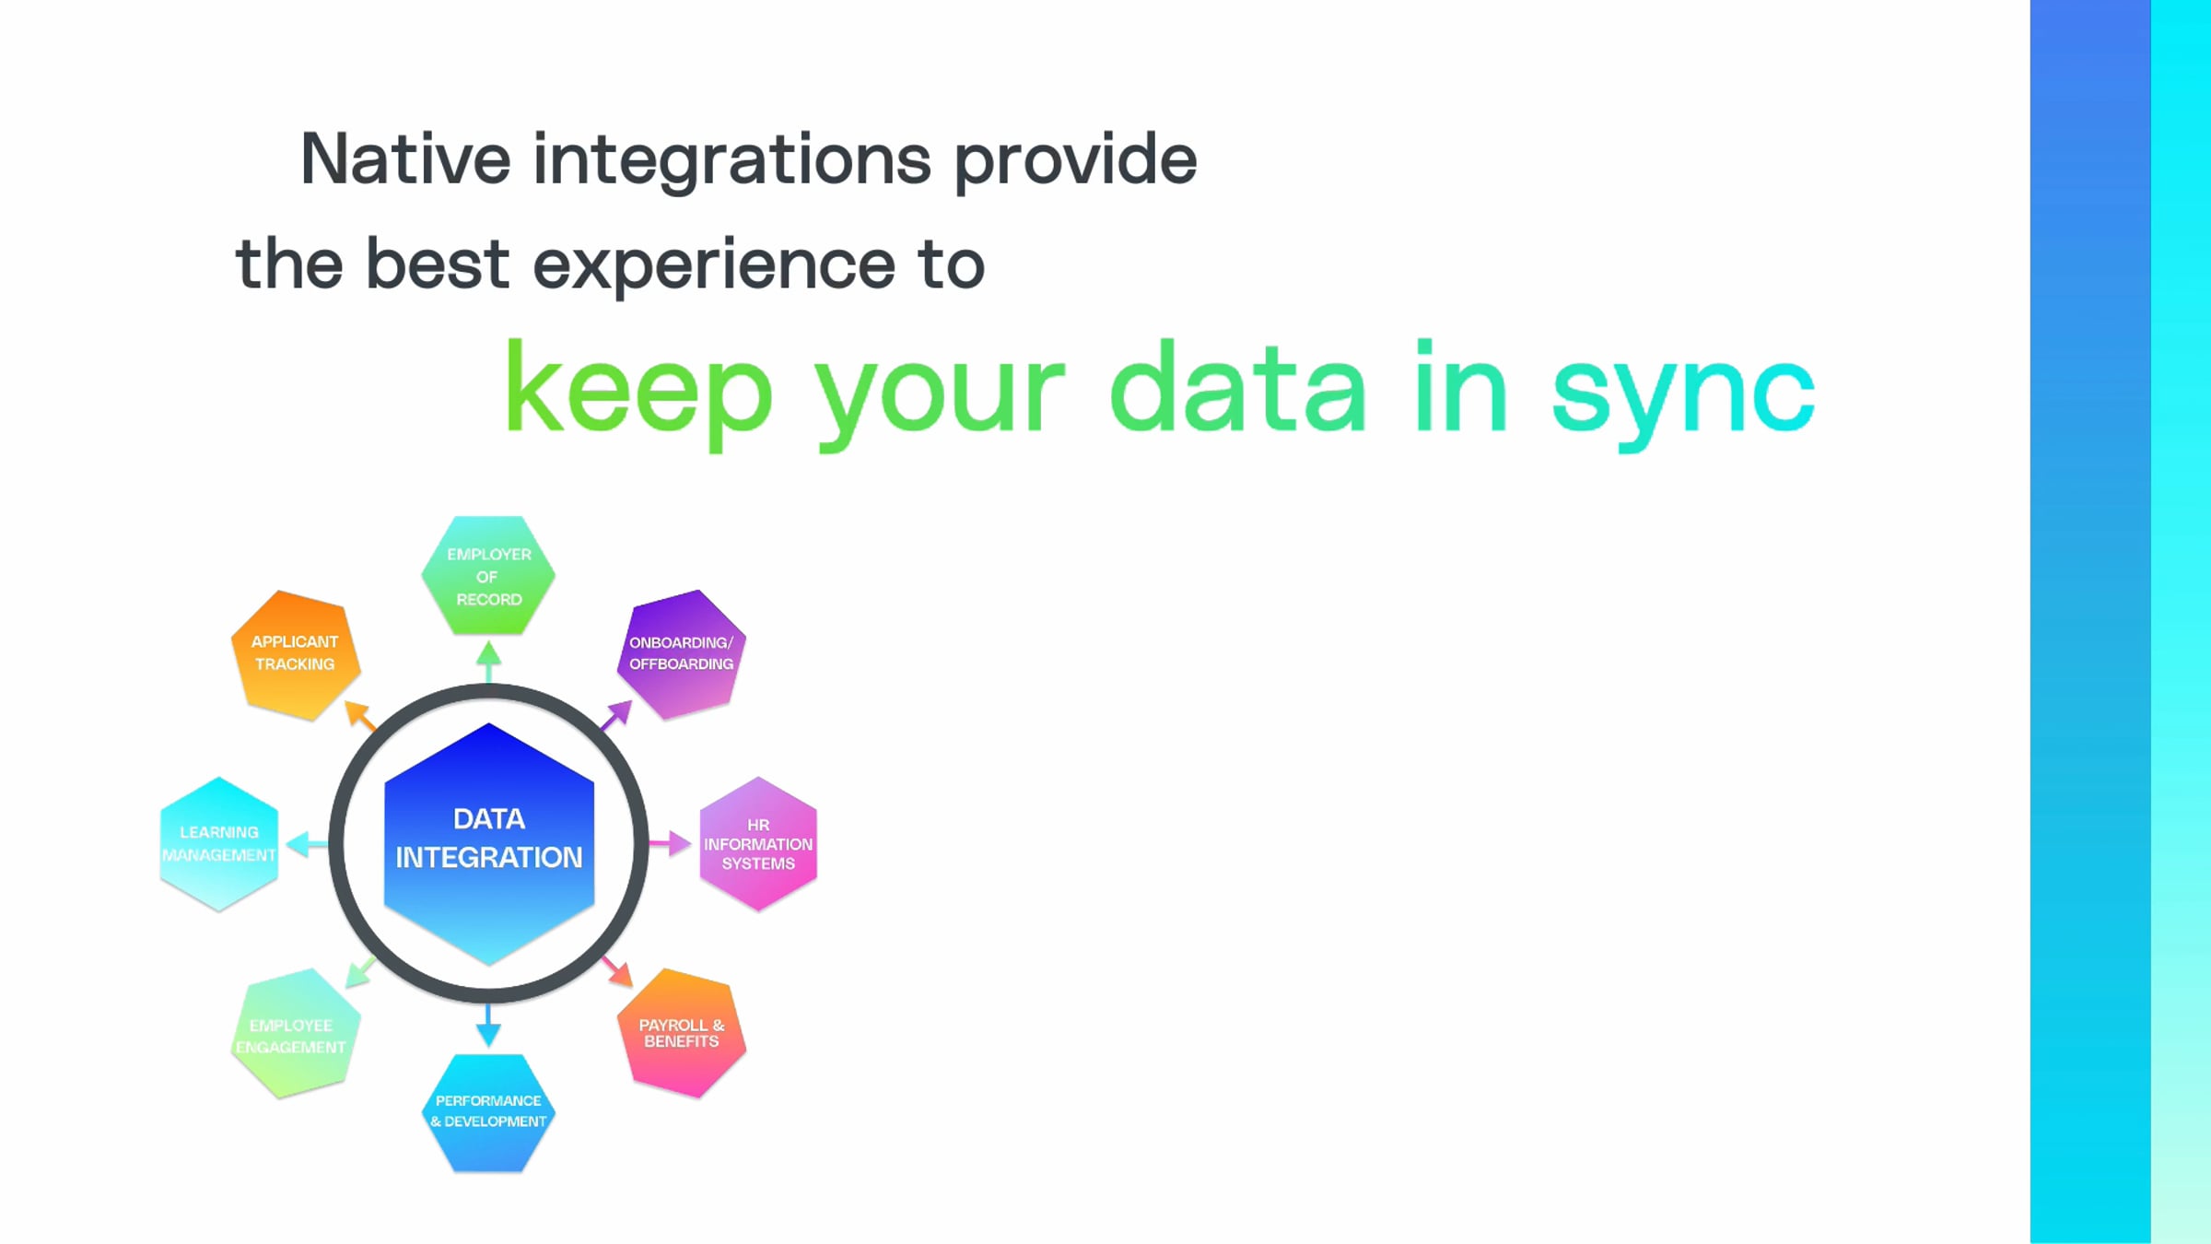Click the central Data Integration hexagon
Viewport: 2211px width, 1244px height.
pyautogui.click(x=488, y=843)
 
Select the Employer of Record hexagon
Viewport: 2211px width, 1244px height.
pyautogui.click(x=488, y=576)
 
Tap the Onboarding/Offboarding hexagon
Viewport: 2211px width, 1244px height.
pyautogui.click(x=681, y=653)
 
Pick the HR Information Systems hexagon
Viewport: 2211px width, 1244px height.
pyautogui.click(x=758, y=843)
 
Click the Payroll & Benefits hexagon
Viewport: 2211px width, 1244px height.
pyautogui.click(x=682, y=1033)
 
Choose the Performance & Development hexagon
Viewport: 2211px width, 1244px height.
pyautogui.click(x=488, y=1112)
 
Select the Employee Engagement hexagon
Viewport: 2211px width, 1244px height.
pyautogui.click(x=294, y=1034)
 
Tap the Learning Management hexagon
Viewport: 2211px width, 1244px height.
pyautogui.click(x=219, y=843)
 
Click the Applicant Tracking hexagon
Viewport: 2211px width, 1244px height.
pyautogui.click(x=295, y=653)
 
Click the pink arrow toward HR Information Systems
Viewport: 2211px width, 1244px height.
pyautogui.click(x=671, y=842)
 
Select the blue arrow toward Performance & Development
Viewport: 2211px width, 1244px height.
pyautogui.click(x=488, y=1026)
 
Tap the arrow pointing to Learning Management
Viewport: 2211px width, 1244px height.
pyautogui.click(x=306, y=843)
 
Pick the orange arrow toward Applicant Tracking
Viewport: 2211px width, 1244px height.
pyautogui.click(x=359, y=715)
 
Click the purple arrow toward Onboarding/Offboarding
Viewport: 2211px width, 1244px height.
pyautogui.click(x=617, y=714)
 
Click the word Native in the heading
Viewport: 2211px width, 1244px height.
pyautogui.click(x=405, y=159)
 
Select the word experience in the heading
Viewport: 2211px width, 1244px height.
pyautogui.click(x=713, y=265)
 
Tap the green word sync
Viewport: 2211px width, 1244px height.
pyautogui.click(x=1682, y=392)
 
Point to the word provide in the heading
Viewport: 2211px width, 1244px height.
pyautogui.click(x=1075, y=159)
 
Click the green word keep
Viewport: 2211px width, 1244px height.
pyautogui.click(x=638, y=392)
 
